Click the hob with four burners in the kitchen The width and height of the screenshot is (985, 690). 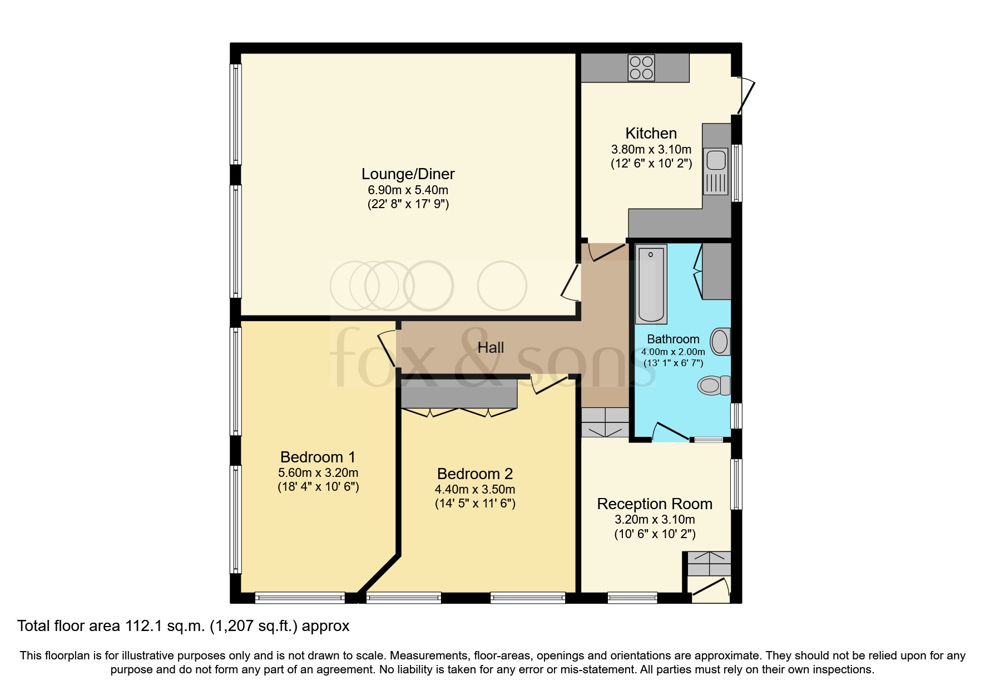[x=641, y=68]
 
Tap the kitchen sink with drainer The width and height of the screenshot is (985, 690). [x=715, y=171]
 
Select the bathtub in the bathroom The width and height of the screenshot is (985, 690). [x=651, y=284]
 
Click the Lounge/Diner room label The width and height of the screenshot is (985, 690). [x=408, y=174]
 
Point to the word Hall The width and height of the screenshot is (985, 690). [x=491, y=348]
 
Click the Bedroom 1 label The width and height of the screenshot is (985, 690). [x=318, y=457]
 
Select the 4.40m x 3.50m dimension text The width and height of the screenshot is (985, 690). [x=474, y=490]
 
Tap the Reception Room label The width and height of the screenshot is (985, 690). [x=654, y=504]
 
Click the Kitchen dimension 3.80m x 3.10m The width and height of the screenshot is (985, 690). [x=651, y=150]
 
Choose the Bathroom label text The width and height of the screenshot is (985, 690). [x=673, y=339]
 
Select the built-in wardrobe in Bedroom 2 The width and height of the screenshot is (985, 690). [x=459, y=396]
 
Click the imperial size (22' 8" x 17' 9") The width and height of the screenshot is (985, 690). [x=408, y=204]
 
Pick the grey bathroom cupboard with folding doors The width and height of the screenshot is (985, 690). [x=716, y=272]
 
